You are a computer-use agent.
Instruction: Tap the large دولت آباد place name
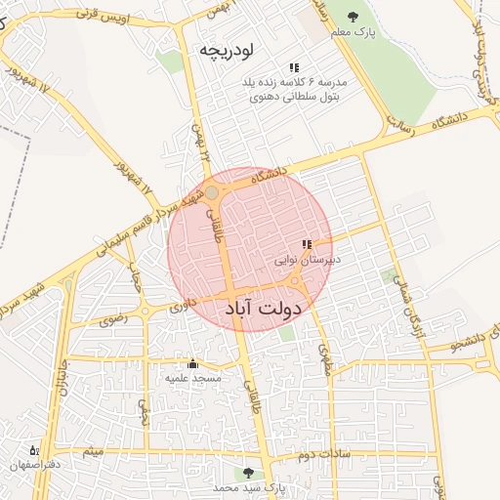tap(264, 308)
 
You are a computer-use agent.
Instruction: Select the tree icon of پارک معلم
tap(353, 18)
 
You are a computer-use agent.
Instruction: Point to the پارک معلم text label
tap(353, 34)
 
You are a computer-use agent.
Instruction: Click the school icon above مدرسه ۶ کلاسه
tap(293, 67)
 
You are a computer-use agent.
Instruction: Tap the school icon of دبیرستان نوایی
tap(307, 244)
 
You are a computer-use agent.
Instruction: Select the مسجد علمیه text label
tap(192, 378)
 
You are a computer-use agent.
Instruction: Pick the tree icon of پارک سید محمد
tap(248, 472)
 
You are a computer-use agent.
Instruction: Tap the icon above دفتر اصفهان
tap(36, 450)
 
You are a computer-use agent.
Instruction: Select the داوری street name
tap(185, 306)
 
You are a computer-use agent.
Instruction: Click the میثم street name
tap(93, 452)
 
